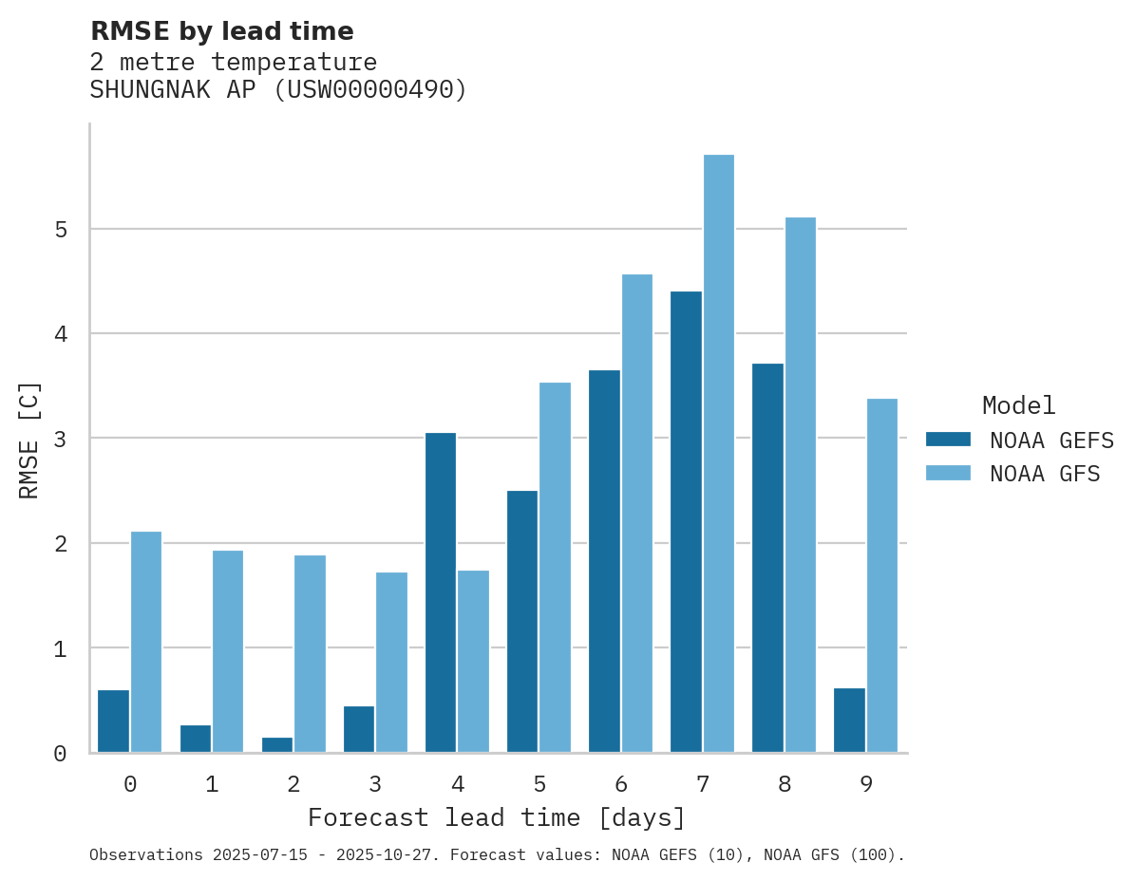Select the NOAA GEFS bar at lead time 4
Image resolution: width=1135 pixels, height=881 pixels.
(441, 592)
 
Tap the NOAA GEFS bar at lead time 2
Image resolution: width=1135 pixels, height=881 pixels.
(277, 744)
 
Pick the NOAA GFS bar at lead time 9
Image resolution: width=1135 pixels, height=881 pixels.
(882, 575)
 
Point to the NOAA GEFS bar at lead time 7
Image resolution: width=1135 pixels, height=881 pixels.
(686, 522)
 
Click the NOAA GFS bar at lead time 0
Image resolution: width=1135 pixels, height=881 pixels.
(146, 642)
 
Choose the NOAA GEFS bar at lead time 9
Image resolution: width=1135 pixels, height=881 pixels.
(849, 720)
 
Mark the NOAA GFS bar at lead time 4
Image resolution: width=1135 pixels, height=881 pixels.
(473, 661)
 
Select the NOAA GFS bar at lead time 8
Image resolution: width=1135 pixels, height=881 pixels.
(800, 485)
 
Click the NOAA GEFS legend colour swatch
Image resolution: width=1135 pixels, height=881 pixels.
(948, 440)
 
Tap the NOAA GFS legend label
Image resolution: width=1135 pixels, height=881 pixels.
(1045, 474)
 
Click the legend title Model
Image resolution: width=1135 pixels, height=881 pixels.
(1018, 406)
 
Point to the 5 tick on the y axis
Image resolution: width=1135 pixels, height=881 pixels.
(60, 230)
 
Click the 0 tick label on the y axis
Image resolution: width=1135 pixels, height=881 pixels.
(60, 754)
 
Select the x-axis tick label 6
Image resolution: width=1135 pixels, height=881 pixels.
(621, 784)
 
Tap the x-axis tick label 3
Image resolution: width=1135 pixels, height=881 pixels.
(375, 784)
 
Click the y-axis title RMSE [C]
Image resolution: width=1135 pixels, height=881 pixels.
(29, 440)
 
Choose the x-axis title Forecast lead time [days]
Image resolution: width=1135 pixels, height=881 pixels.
(496, 817)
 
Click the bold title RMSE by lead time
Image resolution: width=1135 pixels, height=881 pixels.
(221, 31)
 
